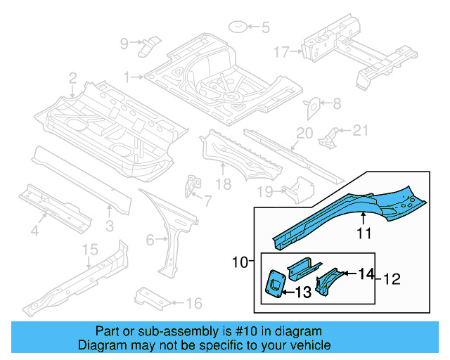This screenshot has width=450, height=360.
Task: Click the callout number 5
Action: click(x=265, y=28)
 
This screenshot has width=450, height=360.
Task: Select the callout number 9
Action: click(x=124, y=44)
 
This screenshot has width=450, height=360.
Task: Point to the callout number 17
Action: click(x=281, y=51)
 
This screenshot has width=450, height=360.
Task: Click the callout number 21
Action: click(x=360, y=129)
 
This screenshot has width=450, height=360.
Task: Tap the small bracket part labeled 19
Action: click(x=296, y=188)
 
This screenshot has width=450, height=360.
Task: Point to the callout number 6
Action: click(x=149, y=240)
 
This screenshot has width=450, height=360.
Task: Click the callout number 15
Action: click(x=90, y=250)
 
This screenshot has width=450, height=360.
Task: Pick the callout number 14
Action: click(x=367, y=274)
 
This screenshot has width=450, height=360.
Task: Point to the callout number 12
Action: click(x=391, y=279)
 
